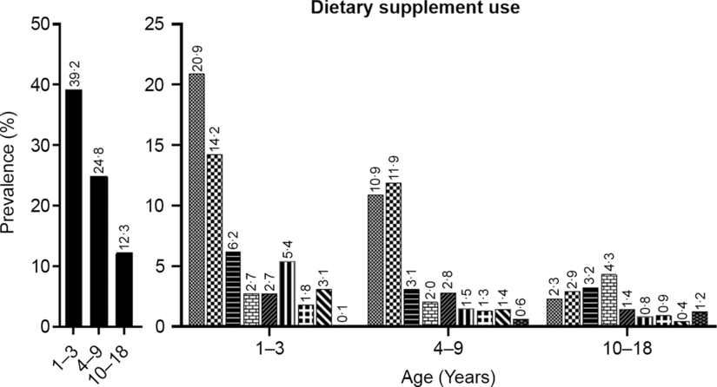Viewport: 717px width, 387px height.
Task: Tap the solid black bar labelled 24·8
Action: click(100, 252)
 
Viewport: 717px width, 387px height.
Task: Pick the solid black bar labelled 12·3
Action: click(124, 290)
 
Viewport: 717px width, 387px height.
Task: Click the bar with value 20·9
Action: click(197, 200)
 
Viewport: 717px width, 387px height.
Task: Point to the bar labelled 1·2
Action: click(700, 319)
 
